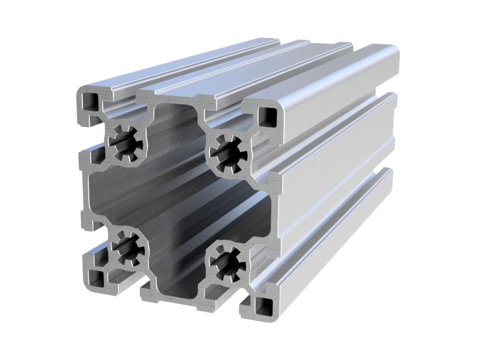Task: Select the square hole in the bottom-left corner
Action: pyautogui.click(x=96, y=279)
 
